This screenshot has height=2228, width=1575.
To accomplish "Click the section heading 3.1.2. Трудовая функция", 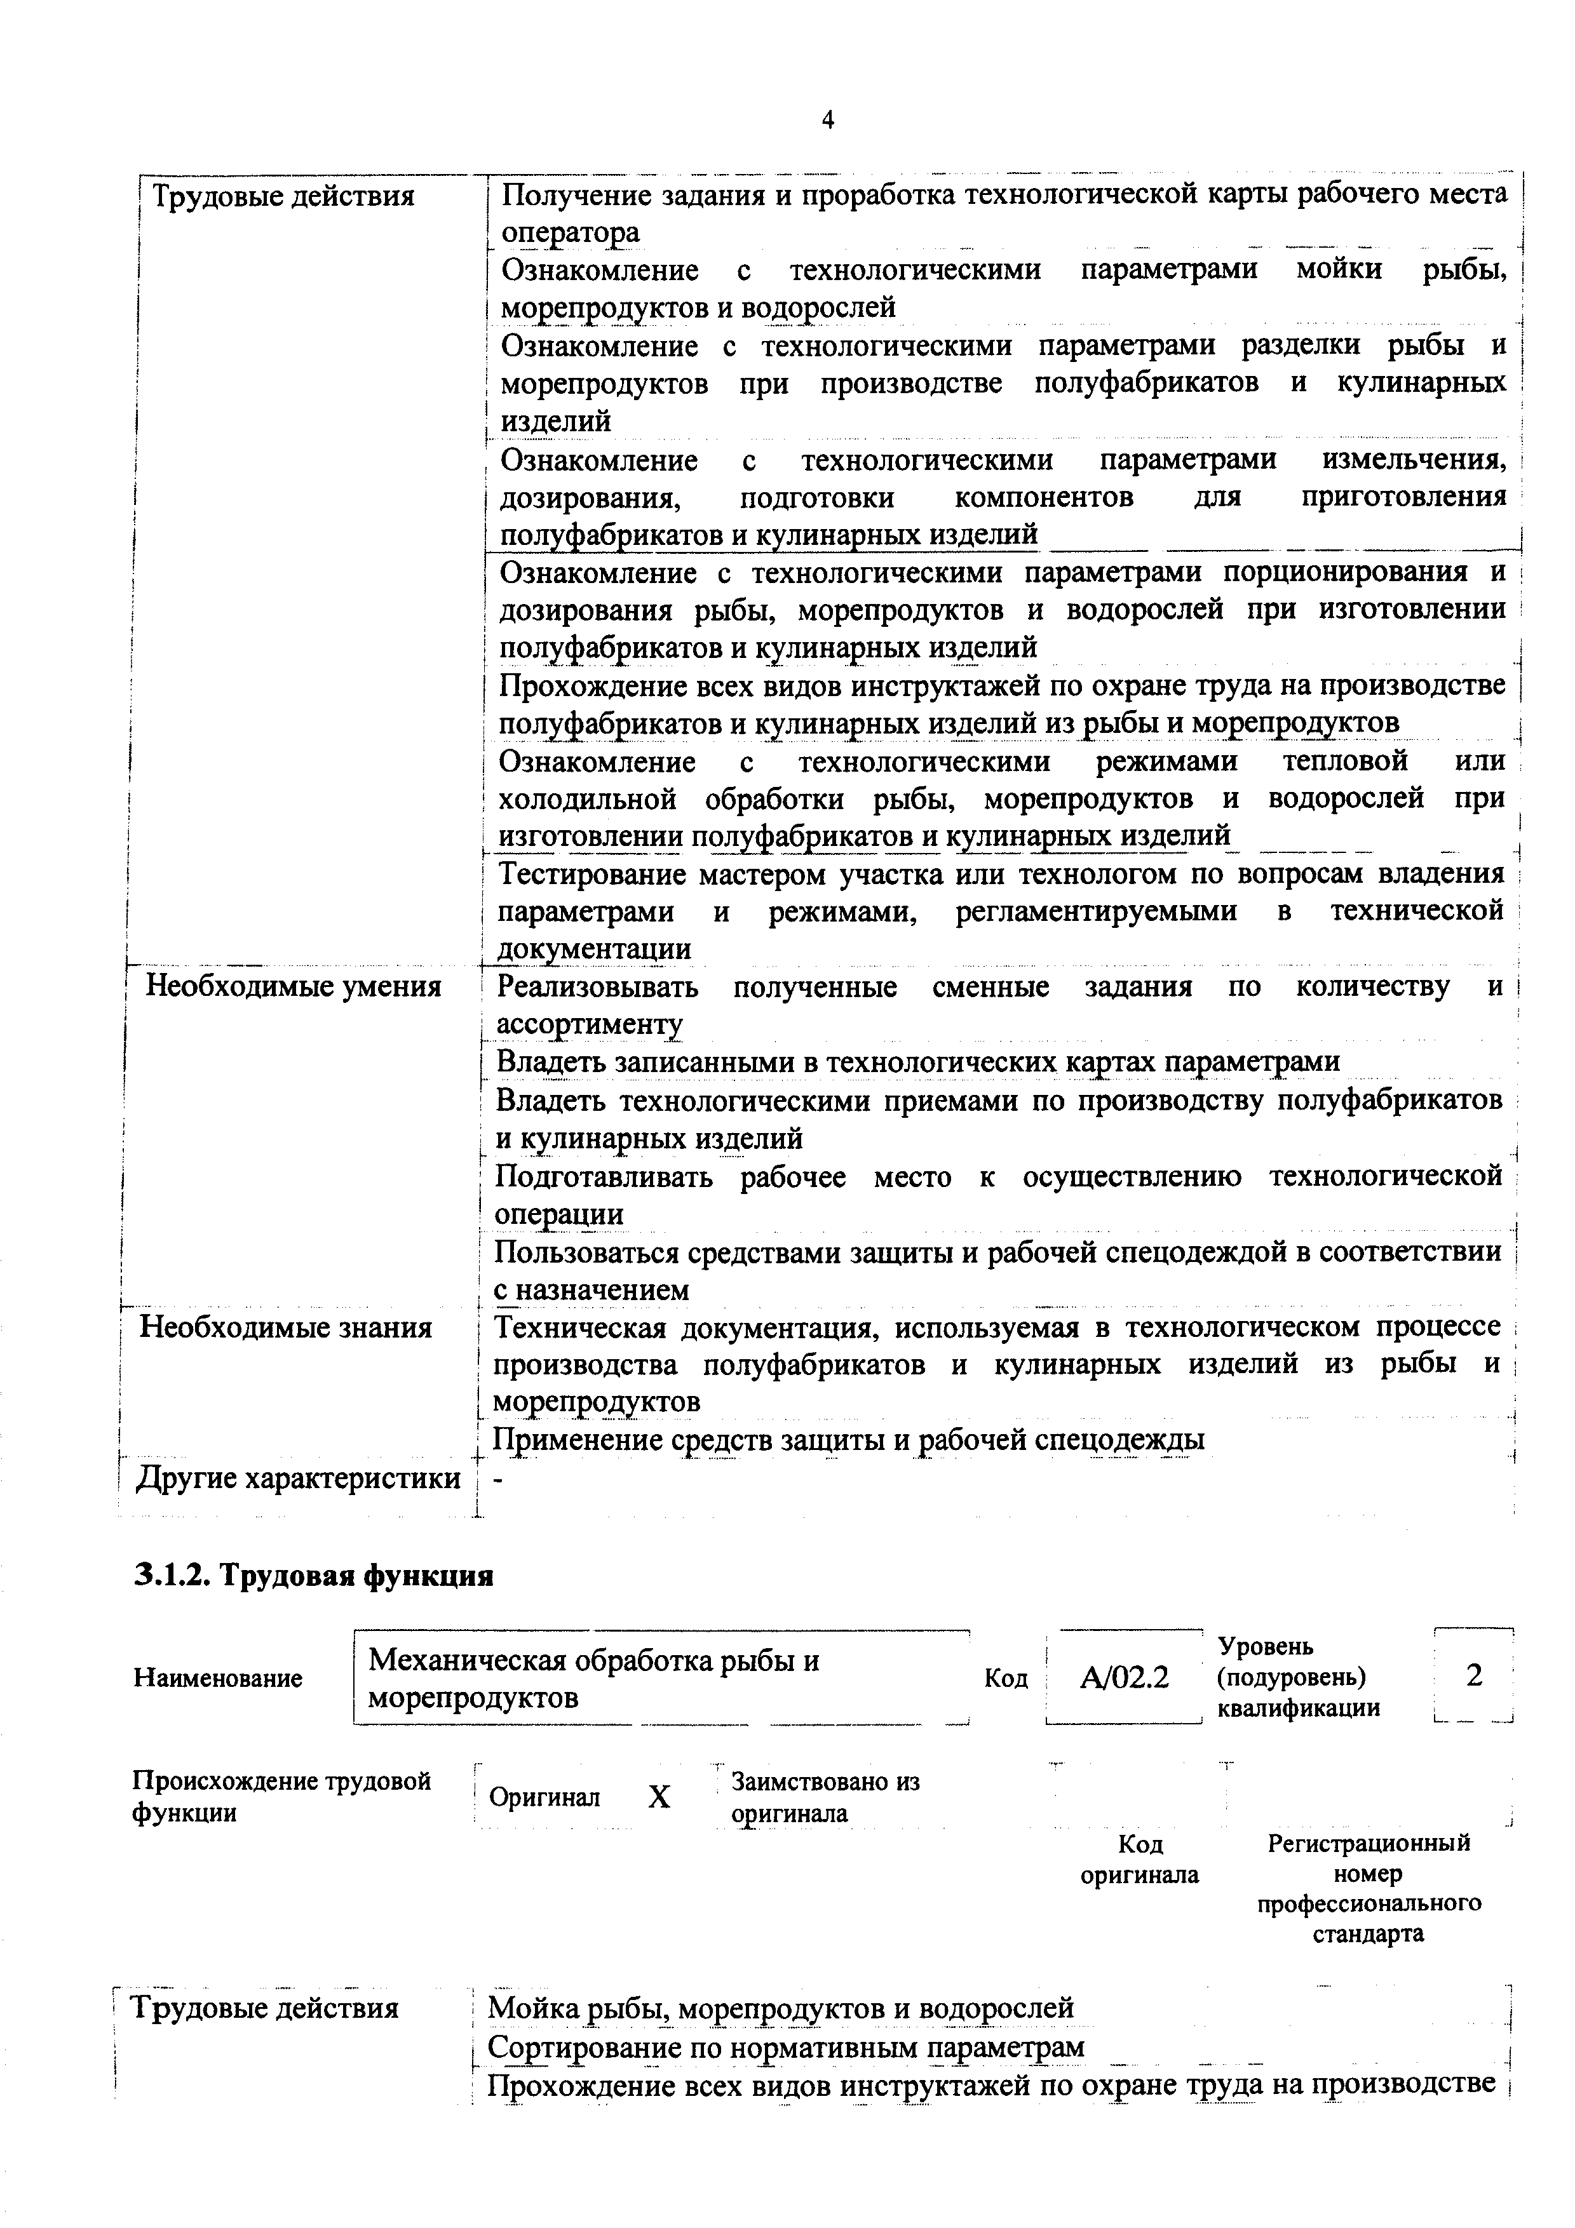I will point(313,1575).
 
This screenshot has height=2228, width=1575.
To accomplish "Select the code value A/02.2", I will point(1124,1677).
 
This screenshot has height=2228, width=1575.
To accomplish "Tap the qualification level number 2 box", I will point(1473,1676).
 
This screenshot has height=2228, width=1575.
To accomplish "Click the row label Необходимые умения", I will point(293,987).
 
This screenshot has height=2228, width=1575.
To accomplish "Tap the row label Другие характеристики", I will point(298,1479).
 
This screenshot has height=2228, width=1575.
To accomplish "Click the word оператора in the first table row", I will point(570,233).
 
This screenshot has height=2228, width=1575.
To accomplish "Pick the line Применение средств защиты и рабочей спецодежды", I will point(849,1440).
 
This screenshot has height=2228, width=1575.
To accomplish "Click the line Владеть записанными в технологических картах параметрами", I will point(917,1061).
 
